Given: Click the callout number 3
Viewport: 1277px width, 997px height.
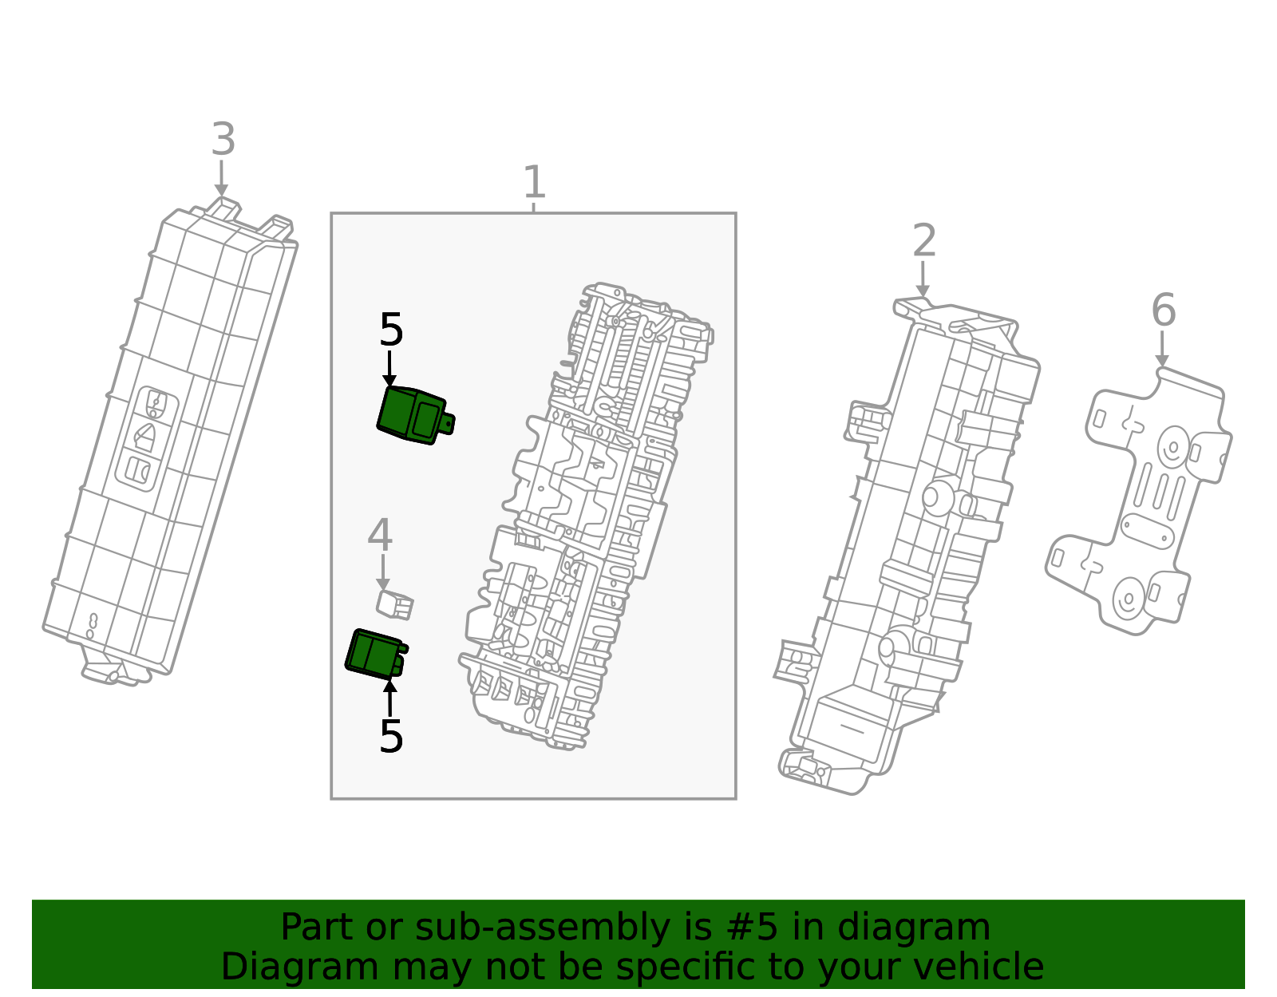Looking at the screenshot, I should (x=223, y=140).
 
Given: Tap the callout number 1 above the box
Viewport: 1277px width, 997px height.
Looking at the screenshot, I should (x=534, y=183).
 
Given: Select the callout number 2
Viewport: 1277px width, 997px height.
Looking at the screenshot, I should (x=923, y=241).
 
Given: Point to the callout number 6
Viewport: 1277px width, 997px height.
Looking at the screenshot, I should (x=1163, y=311).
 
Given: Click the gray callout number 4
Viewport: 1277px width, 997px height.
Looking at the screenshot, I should (x=380, y=536).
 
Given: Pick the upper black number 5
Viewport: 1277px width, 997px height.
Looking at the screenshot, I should (x=391, y=330).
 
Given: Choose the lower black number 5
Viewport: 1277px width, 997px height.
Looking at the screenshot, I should (x=391, y=736).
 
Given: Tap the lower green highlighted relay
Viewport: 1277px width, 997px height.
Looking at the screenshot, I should (x=375, y=653).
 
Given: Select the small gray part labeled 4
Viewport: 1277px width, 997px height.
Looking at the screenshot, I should (x=395, y=604).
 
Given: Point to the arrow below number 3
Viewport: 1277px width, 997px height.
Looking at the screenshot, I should (x=222, y=179).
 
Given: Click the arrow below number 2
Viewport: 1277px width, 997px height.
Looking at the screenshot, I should (x=923, y=280).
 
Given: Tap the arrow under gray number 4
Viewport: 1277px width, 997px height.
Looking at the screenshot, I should (x=383, y=573).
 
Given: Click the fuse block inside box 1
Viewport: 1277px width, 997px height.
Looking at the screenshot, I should (x=587, y=519).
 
